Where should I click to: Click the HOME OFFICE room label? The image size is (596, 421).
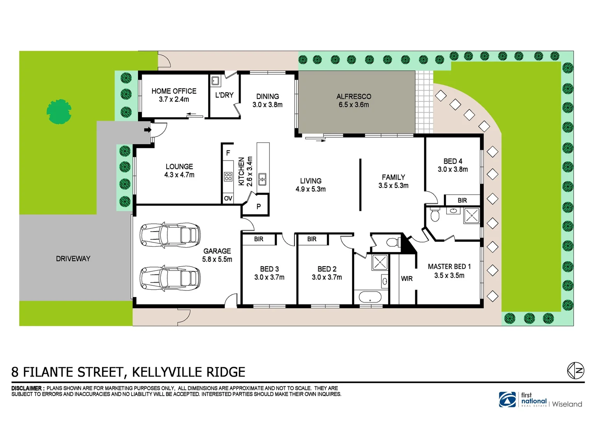[x=174, y=91]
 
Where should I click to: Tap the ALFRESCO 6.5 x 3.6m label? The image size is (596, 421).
[x=354, y=101]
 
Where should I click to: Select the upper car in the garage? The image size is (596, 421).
[x=170, y=235]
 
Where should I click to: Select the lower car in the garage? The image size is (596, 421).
[x=170, y=278]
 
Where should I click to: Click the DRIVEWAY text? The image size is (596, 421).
[x=73, y=259]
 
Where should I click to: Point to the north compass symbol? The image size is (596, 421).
[x=575, y=370]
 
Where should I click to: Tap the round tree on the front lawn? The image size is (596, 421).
[x=59, y=111]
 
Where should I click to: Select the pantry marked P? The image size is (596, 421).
[x=258, y=207]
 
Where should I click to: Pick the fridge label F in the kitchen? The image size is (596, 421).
[x=228, y=153]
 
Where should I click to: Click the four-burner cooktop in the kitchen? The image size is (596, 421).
[x=228, y=177]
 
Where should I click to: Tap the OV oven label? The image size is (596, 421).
[x=228, y=198]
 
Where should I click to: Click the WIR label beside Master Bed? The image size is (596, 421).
[x=407, y=279]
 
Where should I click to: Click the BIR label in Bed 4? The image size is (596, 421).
[x=462, y=200]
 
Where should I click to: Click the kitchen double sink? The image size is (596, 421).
[x=263, y=179]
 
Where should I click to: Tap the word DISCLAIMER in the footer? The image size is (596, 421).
[x=27, y=388]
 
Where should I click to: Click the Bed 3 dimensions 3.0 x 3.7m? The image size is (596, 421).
[x=269, y=278]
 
